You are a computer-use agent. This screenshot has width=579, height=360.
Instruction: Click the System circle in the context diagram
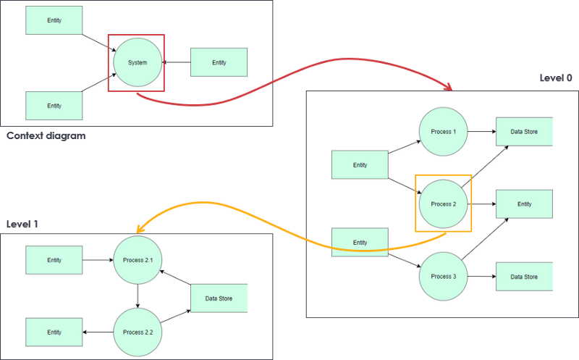[x=137, y=62]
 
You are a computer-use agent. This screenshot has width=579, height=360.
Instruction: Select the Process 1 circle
[x=443, y=132]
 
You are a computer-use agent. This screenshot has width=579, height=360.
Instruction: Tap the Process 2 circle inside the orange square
[x=443, y=204]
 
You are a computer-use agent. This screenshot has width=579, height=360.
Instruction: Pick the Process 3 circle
[x=443, y=276]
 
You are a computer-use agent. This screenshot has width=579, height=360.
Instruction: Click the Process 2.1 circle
[x=138, y=259]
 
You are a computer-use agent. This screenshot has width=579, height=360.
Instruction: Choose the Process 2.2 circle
[x=138, y=332]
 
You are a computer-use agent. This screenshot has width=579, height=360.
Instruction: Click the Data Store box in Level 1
[x=219, y=298]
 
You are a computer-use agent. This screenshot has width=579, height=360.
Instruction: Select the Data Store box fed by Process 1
[x=524, y=132]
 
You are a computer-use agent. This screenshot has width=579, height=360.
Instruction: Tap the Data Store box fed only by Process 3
[x=524, y=277]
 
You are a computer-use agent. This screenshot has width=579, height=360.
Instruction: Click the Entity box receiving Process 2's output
[x=524, y=204]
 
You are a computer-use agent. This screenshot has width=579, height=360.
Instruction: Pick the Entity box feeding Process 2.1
[x=54, y=259]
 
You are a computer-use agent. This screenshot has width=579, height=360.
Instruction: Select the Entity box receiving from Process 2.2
[x=54, y=332]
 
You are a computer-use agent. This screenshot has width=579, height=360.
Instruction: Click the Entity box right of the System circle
[x=219, y=62]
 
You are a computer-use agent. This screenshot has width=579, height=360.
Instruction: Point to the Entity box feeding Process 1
[x=360, y=164]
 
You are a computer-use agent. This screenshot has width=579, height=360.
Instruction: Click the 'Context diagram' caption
[x=46, y=135]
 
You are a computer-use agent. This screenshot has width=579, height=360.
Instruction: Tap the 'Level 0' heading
[x=556, y=78]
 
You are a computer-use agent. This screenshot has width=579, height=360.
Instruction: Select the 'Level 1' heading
[x=22, y=224]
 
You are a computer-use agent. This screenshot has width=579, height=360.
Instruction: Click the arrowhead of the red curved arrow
[x=449, y=88]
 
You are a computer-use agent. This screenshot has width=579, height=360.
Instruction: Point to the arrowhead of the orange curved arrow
[x=141, y=229]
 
